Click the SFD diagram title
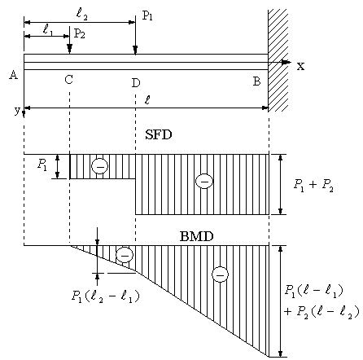pos(159,134)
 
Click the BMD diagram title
pos(197,237)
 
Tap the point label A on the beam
pos(13,75)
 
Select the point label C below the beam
pos(69,80)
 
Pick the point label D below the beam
pos(136,82)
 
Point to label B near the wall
pos(256,81)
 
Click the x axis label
pos(300,66)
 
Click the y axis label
pos(17,110)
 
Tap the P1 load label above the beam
pos(147,15)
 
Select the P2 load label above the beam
pos(80,33)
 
